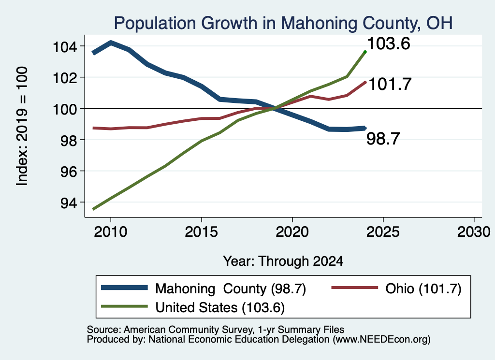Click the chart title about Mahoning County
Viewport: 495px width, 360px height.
[x=283, y=23]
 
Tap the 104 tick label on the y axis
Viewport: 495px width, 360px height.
[x=65, y=47]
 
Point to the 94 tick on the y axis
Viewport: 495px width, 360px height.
[x=69, y=203]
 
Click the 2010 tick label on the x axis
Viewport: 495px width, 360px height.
[x=111, y=232]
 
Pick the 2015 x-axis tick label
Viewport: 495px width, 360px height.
[x=202, y=232]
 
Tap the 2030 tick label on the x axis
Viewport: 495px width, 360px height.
[x=474, y=232]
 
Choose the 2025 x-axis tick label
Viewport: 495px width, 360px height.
[x=383, y=232]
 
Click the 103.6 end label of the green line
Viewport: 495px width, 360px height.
[x=389, y=43]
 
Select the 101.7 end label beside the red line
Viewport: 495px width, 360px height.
[x=390, y=84]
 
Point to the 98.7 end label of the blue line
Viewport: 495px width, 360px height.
[x=383, y=139]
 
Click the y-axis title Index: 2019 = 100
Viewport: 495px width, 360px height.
[x=22, y=126]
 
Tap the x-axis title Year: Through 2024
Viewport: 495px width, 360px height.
[x=283, y=261]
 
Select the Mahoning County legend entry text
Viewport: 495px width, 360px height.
[x=231, y=288]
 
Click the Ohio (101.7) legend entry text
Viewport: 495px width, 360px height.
[x=423, y=288]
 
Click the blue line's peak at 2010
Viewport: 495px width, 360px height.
[x=111, y=43]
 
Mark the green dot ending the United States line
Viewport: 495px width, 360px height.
[x=365, y=52]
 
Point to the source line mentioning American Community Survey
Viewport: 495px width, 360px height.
[x=216, y=330]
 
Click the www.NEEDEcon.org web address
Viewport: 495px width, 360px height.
[x=381, y=340]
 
